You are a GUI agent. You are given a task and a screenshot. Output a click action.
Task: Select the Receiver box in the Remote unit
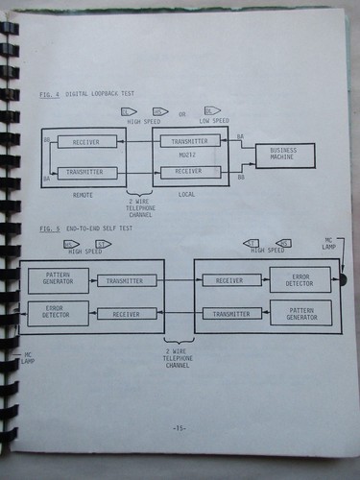click(86, 141)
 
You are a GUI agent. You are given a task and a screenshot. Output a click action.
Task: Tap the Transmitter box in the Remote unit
click(86, 173)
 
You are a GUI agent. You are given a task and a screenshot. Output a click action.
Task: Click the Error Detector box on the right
click(299, 279)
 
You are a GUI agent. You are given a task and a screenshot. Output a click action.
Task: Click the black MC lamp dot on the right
click(342, 280)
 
